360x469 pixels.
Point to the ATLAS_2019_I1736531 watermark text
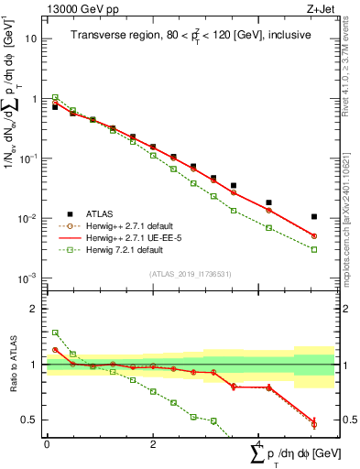[x=190, y=274]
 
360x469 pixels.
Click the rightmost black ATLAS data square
[x=314, y=217]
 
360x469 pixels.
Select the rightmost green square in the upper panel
[x=314, y=249]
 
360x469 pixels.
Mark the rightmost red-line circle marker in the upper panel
[x=314, y=236]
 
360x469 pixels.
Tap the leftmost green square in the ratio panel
[x=55, y=333]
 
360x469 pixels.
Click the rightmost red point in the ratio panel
[x=314, y=424]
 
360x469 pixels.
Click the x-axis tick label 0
[x=47, y=443]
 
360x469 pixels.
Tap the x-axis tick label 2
[x=153, y=443]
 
